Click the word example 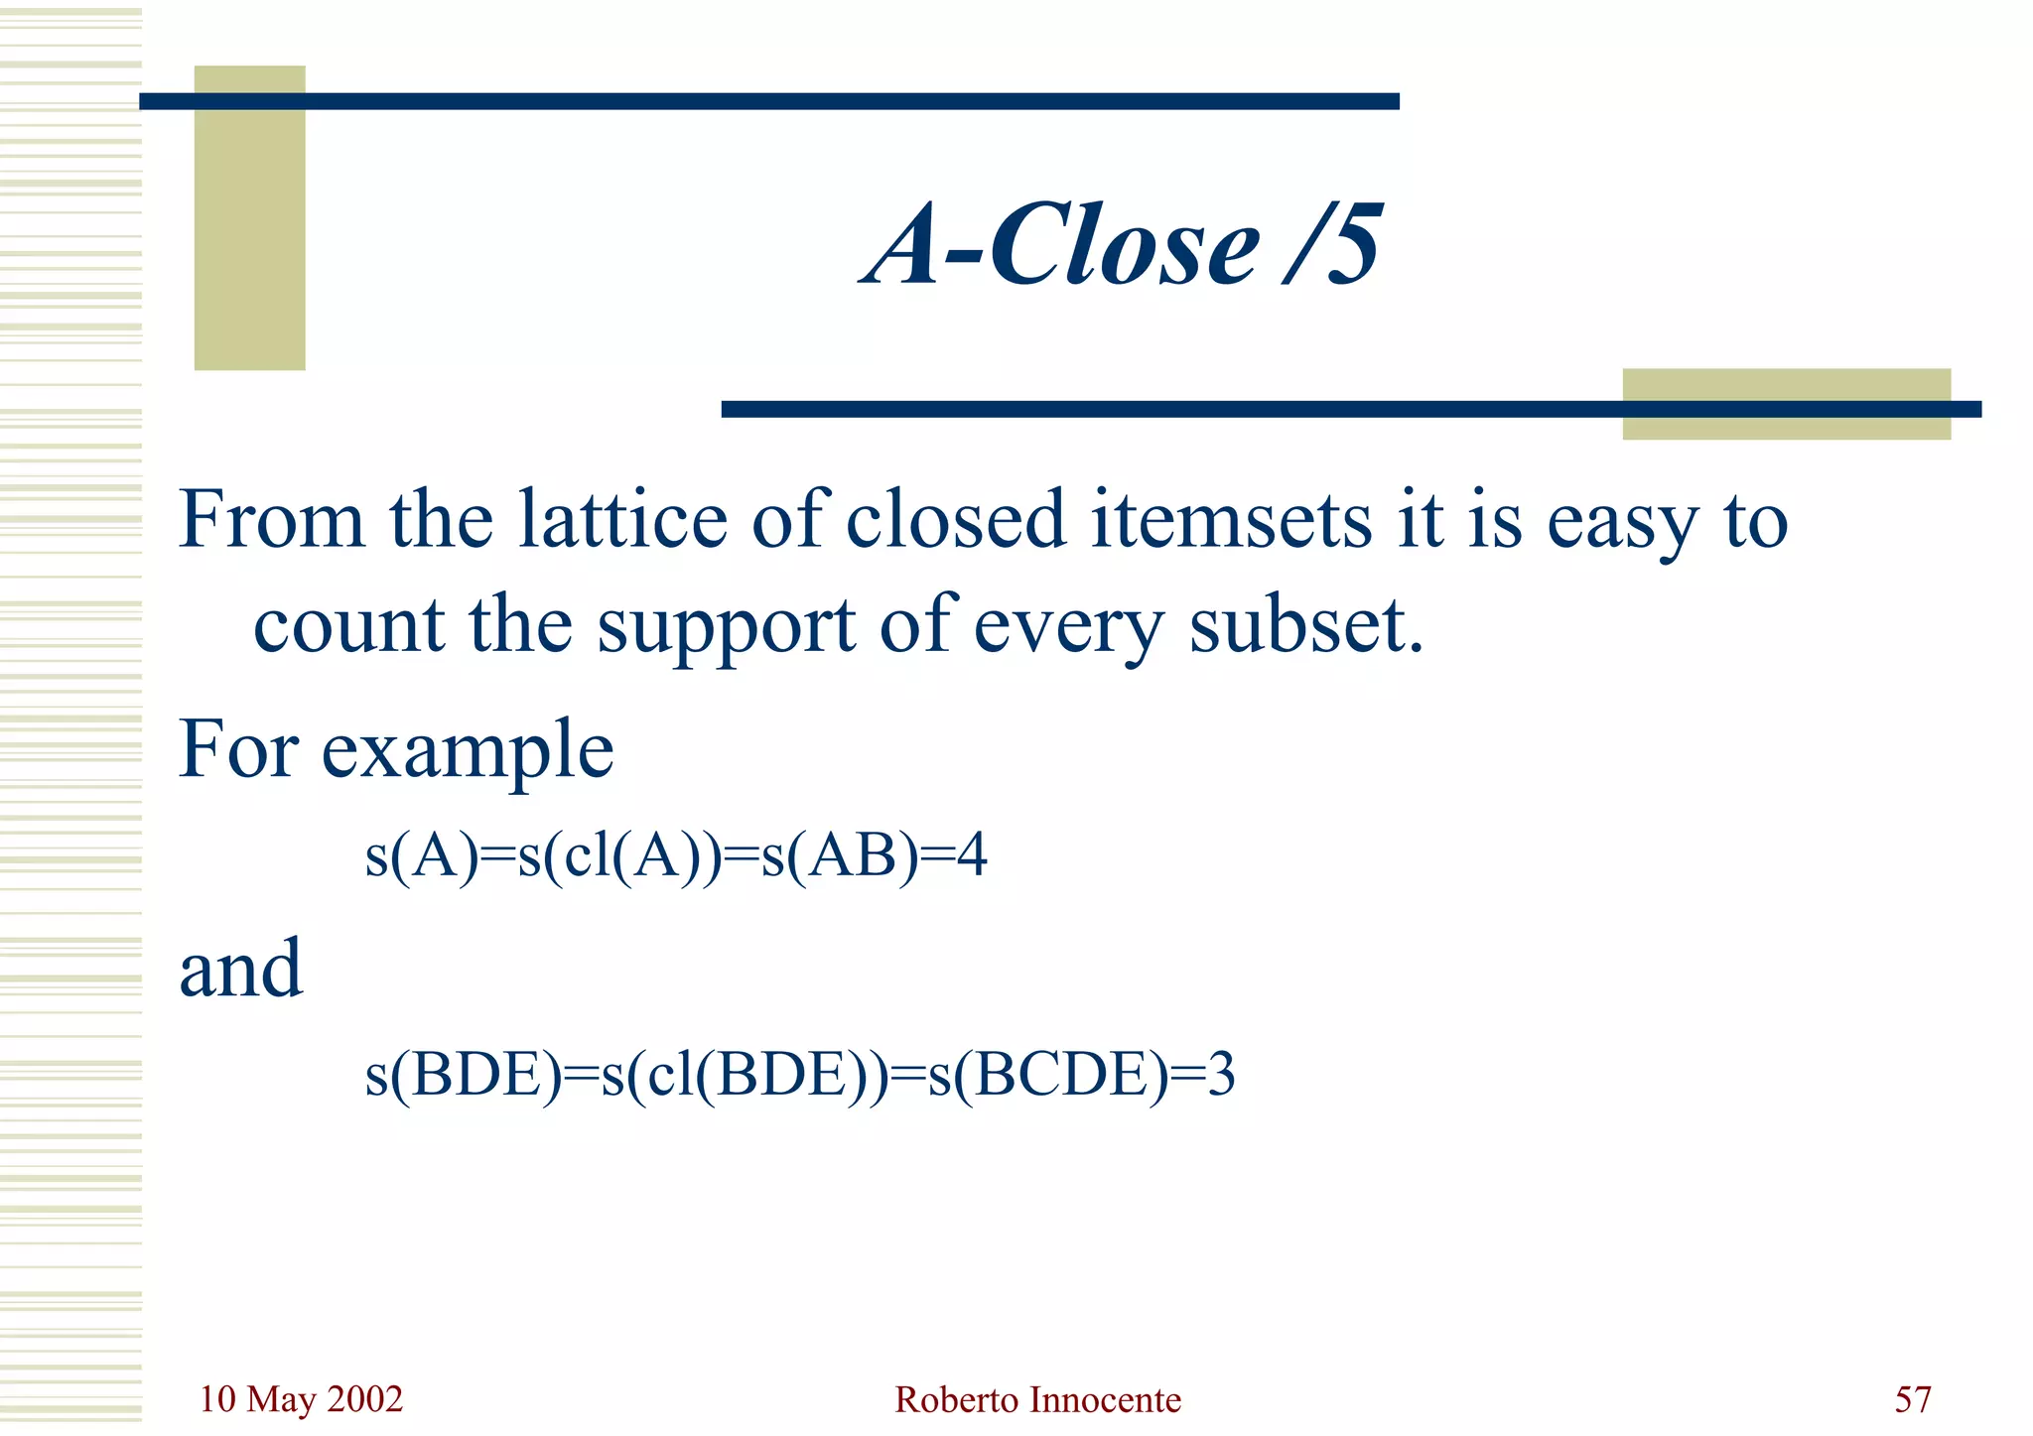click(x=467, y=749)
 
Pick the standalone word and click(x=240, y=969)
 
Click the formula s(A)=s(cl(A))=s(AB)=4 click(x=676, y=855)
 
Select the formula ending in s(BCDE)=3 click(x=800, y=1075)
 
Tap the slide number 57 click(x=1912, y=1399)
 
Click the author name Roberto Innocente click(x=1037, y=1399)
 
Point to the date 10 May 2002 click(x=301, y=1399)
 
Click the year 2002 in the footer click(x=364, y=1399)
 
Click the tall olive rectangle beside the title click(x=249, y=217)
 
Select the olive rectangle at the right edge click(x=1786, y=404)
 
